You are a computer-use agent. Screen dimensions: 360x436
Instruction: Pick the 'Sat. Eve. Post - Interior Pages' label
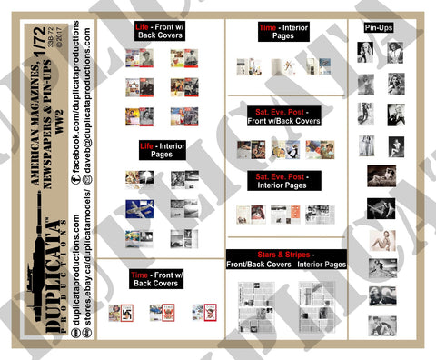pos(285,179)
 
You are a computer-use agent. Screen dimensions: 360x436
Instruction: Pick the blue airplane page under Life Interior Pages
pos(139,208)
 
